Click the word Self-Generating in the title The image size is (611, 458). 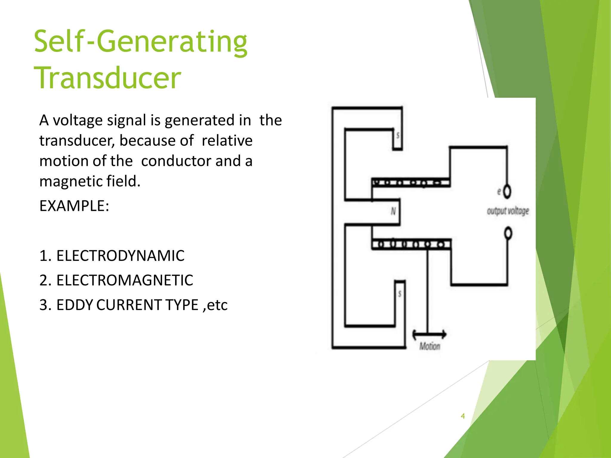140,42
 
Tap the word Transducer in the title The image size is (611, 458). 107,78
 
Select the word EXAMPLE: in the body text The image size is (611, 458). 74,206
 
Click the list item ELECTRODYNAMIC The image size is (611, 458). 120,256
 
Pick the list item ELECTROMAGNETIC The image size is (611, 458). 124,280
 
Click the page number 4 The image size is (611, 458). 463,416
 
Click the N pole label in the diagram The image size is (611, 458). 393,211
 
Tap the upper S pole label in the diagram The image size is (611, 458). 398,136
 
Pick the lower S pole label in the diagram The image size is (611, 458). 400,294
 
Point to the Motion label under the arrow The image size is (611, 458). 430,346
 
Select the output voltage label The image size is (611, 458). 508,211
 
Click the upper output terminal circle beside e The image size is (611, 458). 507,191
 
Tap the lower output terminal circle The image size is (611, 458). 508,233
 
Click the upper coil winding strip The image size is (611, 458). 411,182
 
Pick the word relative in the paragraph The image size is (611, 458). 227,141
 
